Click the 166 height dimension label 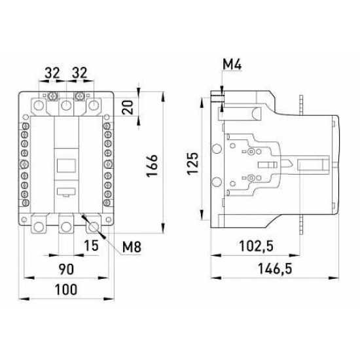153,166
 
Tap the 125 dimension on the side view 192,164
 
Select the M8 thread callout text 132,247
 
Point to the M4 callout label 232,65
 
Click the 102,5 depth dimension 256,246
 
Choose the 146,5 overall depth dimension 275,269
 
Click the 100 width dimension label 66,289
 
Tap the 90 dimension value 66,269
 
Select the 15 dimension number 91,245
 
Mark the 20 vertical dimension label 128,107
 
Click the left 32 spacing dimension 52,73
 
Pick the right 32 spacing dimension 79,73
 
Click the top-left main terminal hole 39,105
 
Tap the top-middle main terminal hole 66,105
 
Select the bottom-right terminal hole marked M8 94,227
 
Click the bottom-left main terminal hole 39,227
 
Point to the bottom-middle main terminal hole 66,227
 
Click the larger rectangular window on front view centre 66,166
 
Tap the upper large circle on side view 216,149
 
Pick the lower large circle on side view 216,183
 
